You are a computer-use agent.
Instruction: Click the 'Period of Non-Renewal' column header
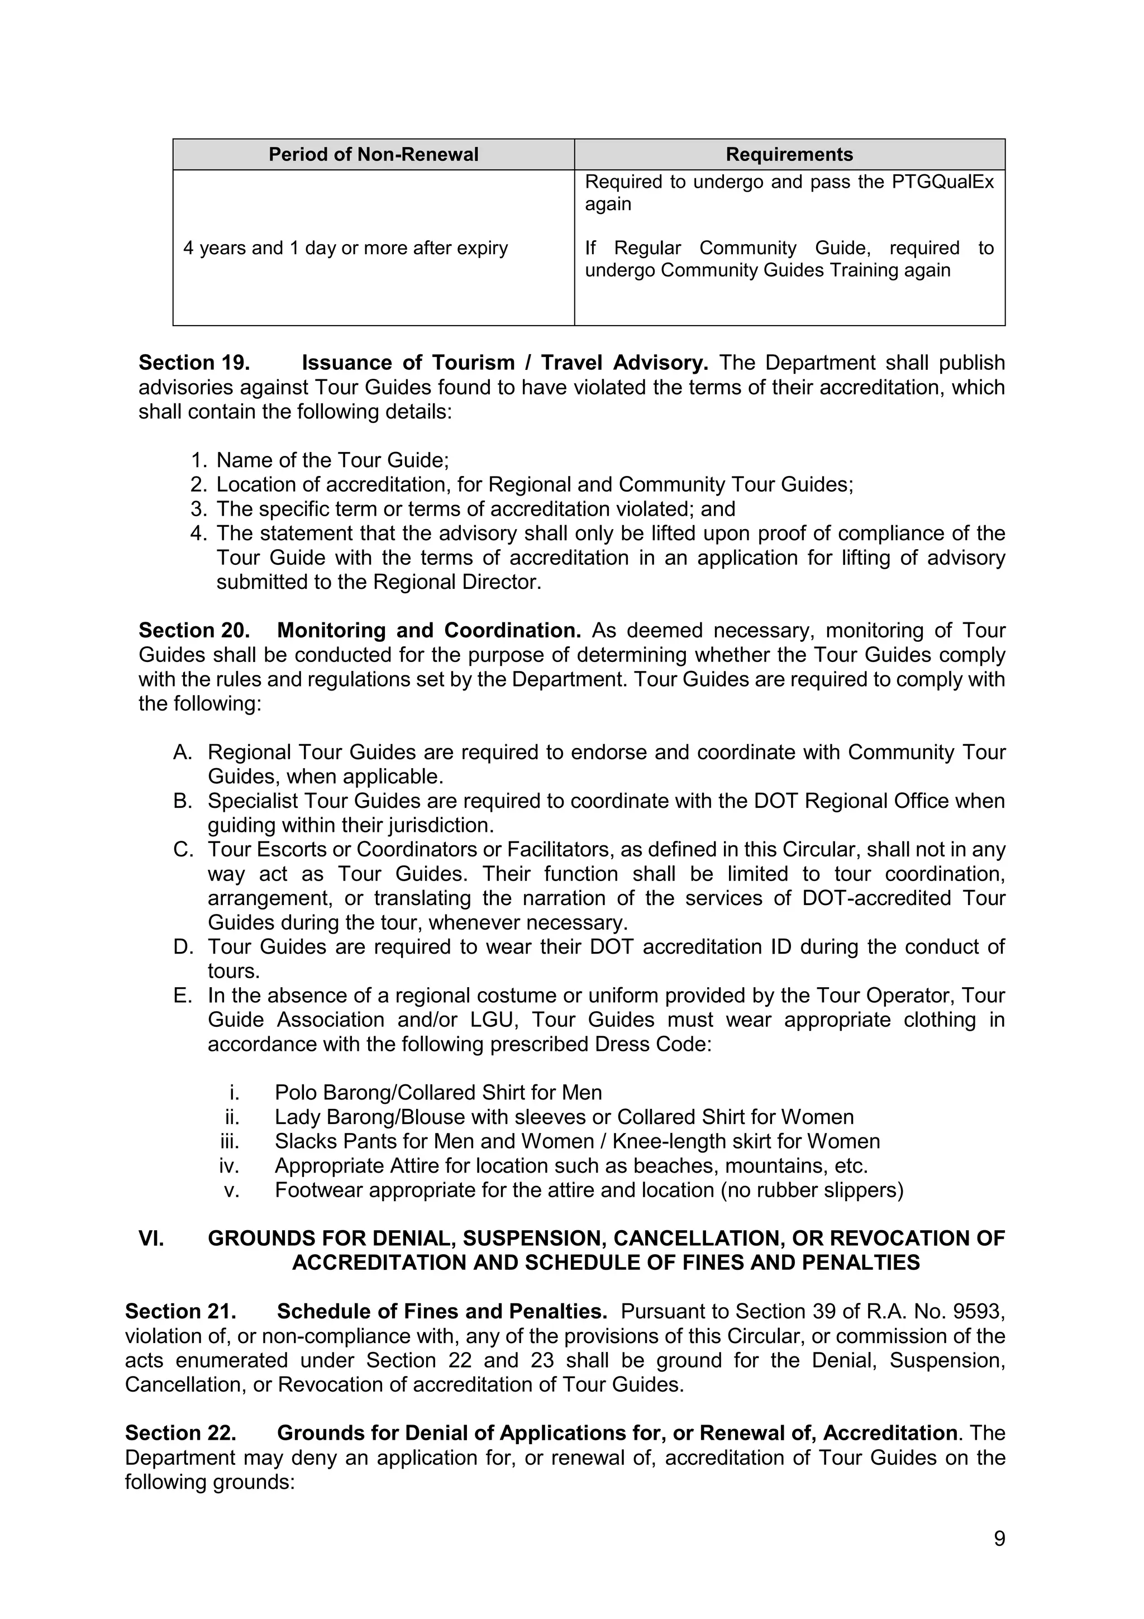pyautogui.click(x=373, y=154)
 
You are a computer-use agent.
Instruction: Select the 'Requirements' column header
pyautogui.click(x=789, y=154)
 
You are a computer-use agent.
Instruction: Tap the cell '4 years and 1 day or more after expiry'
pyautogui.click(x=345, y=248)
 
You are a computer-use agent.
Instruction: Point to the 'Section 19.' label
pyautogui.click(x=194, y=363)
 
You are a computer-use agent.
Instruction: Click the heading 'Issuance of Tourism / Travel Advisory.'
pyautogui.click(x=504, y=363)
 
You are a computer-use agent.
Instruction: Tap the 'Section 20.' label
pyautogui.click(x=194, y=630)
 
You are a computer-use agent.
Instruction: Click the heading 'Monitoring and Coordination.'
pyautogui.click(x=428, y=630)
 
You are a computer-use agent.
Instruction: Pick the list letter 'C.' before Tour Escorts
pyautogui.click(x=183, y=849)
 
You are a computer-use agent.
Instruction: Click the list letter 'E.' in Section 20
pyautogui.click(x=183, y=995)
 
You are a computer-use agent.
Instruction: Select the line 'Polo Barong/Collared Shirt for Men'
pyautogui.click(x=438, y=1092)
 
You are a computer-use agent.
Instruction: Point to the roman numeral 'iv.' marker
pyautogui.click(x=230, y=1165)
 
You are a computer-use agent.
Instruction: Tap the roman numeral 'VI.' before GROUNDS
pyautogui.click(x=151, y=1238)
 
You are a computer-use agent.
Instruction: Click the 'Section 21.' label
pyautogui.click(x=180, y=1311)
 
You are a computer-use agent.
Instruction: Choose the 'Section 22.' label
pyautogui.click(x=180, y=1433)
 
